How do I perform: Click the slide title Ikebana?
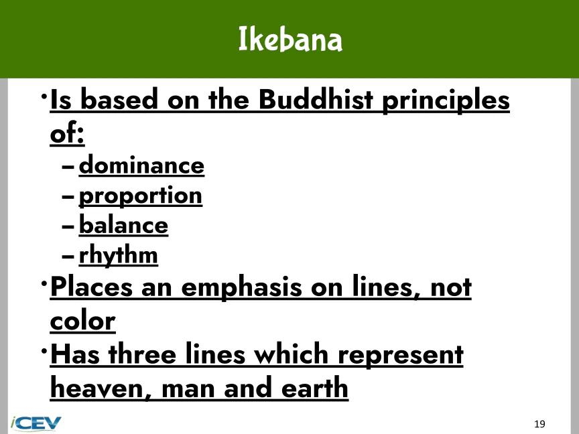290,39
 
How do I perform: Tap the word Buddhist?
316,100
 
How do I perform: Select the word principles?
446,100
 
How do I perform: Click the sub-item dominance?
141,165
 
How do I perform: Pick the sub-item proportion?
140,196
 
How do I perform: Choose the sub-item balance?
124,225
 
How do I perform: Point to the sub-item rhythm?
118,255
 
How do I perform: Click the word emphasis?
241,288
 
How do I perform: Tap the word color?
82,321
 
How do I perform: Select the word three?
142,354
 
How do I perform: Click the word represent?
401,355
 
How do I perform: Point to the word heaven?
101,388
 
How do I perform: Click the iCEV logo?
36,423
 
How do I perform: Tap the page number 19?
539,424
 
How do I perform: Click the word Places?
91,287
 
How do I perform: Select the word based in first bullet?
119,100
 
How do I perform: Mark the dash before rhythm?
68,256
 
